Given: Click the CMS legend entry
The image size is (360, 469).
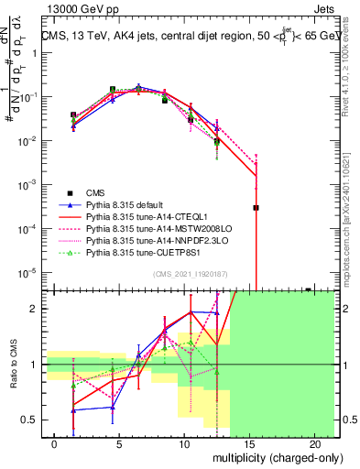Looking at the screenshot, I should [96, 192].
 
